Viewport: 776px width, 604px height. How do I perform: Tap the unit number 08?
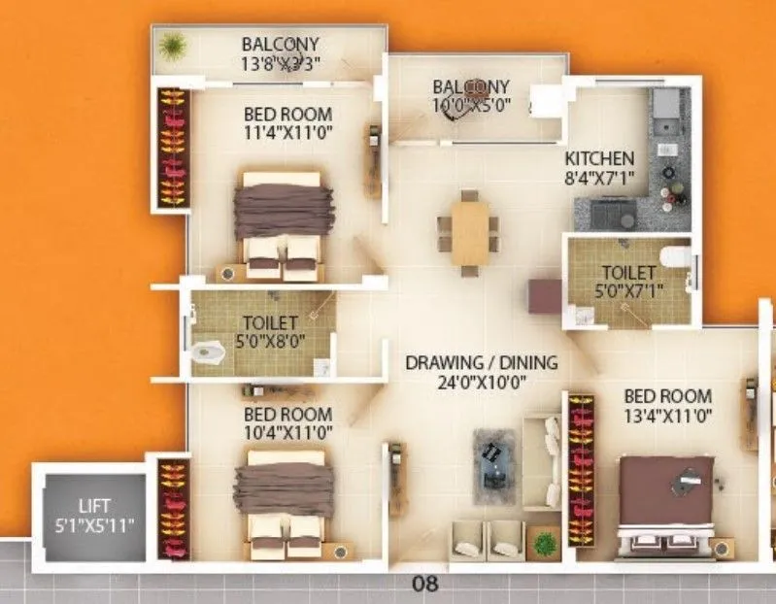425,585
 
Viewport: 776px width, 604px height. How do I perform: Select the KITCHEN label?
600,157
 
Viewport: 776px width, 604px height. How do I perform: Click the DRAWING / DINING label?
482,363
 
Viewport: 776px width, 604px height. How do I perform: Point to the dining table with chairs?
469,232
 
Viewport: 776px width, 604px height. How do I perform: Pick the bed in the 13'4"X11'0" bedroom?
666,506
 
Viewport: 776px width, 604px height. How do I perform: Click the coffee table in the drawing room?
496,463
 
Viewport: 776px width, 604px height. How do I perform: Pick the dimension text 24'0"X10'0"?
481,383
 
